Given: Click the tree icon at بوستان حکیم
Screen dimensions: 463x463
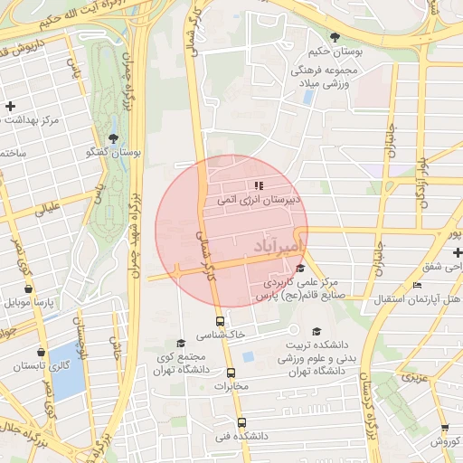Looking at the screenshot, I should coord(335,37).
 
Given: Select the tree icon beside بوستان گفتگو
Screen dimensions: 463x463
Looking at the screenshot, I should coord(113,137).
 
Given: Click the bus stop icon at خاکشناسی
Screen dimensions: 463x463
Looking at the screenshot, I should coord(220,321).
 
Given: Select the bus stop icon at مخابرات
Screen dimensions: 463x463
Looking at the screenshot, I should coord(231,372).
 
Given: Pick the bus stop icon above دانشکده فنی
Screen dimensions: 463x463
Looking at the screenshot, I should coord(241,422).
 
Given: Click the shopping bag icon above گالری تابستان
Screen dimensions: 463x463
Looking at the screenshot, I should coord(41,352).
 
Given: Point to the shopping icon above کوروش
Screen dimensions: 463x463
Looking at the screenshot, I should coord(445,428).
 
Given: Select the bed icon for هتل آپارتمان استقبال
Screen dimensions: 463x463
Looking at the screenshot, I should coord(416,286).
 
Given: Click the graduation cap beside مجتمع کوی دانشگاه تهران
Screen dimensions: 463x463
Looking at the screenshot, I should coord(181,344).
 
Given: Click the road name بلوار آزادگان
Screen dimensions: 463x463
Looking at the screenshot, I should coord(421,180).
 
